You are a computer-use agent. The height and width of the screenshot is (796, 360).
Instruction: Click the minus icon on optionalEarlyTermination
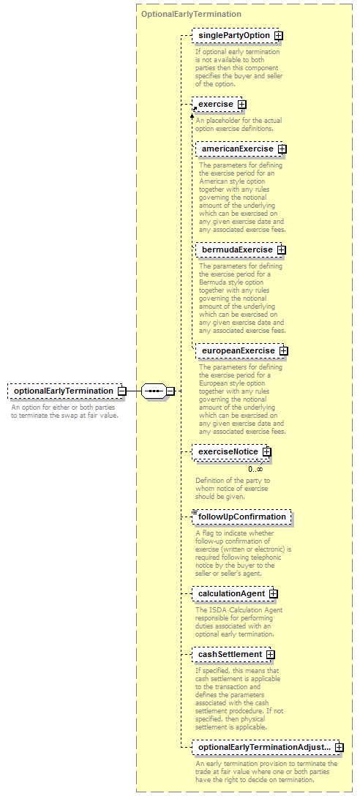pyautogui.click(x=121, y=391)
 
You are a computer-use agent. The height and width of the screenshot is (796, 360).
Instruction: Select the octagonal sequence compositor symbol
pyautogui.click(x=154, y=391)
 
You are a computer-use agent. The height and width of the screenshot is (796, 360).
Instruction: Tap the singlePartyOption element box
pyautogui.click(x=237, y=36)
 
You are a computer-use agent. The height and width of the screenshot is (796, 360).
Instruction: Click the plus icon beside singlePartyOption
pyautogui.click(x=278, y=36)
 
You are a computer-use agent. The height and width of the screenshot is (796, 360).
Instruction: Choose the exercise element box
pyautogui.click(x=219, y=105)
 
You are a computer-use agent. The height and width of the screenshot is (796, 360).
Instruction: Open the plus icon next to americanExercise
pyautogui.click(x=282, y=149)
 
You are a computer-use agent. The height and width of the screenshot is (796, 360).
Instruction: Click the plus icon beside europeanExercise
pyautogui.click(x=283, y=350)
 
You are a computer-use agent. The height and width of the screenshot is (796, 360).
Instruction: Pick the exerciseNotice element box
pyautogui.click(x=231, y=452)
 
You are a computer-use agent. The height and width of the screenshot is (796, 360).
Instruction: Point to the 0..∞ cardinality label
pyautogui.click(x=255, y=469)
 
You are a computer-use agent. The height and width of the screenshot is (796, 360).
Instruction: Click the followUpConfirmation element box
pyautogui.click(x=241, y=517)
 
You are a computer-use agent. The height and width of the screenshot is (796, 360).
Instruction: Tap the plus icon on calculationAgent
pyautogui.click(x=273, y=593)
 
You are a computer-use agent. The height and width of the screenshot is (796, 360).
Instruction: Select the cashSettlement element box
pyautogui.click(x=233, y=654)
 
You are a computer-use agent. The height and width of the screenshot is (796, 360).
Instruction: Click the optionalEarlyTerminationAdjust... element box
pyautogui.click(x=268, y=747)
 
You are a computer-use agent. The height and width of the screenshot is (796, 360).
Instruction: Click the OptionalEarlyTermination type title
pyautogui.click(x=192, y=14)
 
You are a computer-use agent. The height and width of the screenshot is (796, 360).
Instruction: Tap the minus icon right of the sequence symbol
pyautogui.click(x=170, y=391)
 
